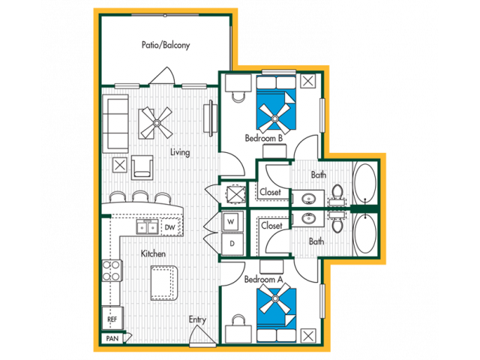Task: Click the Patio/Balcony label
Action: point(166,45)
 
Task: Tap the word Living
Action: point(180,151)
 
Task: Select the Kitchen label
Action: point(153,253)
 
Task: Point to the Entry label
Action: point(197,319)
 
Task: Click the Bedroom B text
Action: point(263,138)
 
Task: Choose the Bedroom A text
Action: point(263,279)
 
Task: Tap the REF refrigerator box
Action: point(112,319)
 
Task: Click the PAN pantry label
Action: point(112,338)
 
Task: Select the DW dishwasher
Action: point(170,227)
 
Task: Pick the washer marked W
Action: point(232,221)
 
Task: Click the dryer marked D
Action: point(232,244)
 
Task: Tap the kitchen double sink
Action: point(147,226)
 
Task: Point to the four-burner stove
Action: point(112,271)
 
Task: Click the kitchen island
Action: point(164,283)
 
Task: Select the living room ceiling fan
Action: point(157,123)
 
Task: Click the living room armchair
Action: point(142,167)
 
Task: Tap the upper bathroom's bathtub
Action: point(365,183)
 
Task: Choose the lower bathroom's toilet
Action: point(337,222)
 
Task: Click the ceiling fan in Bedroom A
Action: point(275,298)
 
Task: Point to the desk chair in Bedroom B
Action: point(238,97)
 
